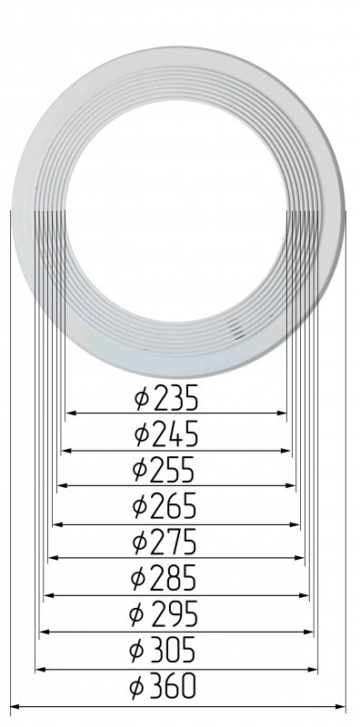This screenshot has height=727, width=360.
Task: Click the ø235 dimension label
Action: tap(166, 398)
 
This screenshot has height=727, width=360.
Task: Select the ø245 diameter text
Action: tap(166, 434)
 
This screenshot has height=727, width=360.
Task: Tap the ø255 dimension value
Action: tap(164, 470)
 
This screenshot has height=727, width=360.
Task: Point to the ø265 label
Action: tap(165, 507)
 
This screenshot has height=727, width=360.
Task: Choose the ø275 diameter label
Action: tap(165, 542)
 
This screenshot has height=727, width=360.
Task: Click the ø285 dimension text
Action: tap(164, 579)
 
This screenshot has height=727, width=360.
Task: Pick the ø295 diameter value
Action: tap(164, 614)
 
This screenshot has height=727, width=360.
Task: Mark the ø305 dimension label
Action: tap(163, 651)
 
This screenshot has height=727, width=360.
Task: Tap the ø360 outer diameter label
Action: tap(163, 687)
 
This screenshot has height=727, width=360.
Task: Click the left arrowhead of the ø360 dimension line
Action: tap(15, 707)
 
